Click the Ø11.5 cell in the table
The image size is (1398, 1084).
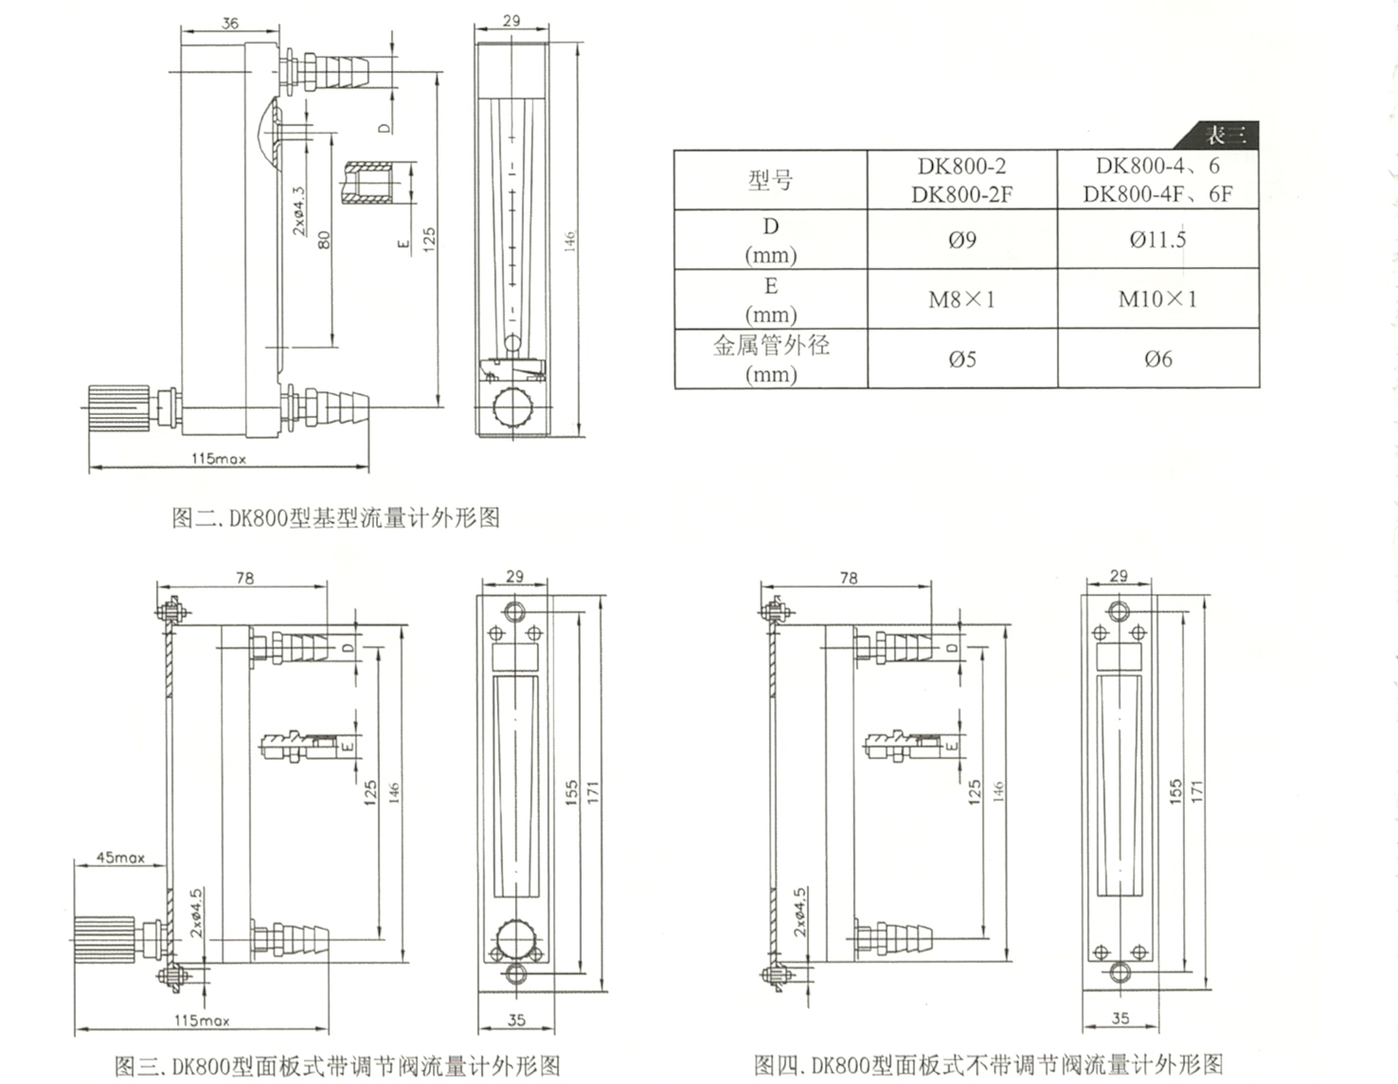(x=1157, y=240)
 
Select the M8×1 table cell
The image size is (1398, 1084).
(x=961, y=300)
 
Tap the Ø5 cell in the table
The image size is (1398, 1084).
(x=961, y=359)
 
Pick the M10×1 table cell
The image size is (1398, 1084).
(x=1157, y=299)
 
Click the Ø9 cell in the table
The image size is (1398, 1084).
(x=961, y=240)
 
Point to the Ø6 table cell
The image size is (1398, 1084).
(x=1157, y=359)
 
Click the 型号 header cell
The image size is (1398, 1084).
(x=770, y=180)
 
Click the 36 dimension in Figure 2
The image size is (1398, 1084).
(x=230, y=23)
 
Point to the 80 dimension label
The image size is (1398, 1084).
(x=325, y=239)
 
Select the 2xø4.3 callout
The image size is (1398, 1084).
(x=298, y=210)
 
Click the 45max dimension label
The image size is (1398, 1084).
(x=120, y=858)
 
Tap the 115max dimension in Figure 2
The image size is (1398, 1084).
(x=218, y=459)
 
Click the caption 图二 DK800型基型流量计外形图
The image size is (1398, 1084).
(x=335, y=518)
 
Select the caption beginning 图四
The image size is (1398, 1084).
(x=988, y=1064)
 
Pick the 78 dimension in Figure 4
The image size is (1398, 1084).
(x=849, y=577)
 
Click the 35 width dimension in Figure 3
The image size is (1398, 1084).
(x=516, y=1021)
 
